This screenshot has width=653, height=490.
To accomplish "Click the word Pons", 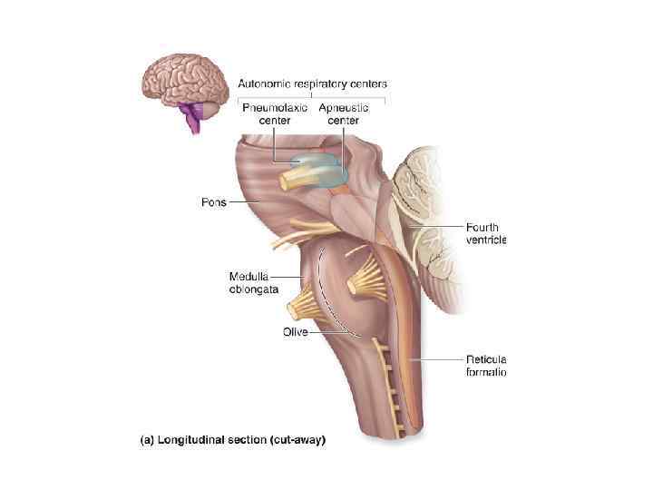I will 213,202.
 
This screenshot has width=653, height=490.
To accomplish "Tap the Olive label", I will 296,332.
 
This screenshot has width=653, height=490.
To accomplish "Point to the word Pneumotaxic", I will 275,107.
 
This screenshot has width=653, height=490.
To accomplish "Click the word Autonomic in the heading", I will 266,83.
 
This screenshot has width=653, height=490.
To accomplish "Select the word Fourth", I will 482,228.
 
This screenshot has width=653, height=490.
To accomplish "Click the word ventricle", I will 485,240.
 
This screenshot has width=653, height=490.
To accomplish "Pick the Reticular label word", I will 486,359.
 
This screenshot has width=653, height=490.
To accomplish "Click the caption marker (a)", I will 146,441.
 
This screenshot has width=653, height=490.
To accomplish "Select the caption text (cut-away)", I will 292,441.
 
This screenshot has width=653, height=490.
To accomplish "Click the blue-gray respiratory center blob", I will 326,170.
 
